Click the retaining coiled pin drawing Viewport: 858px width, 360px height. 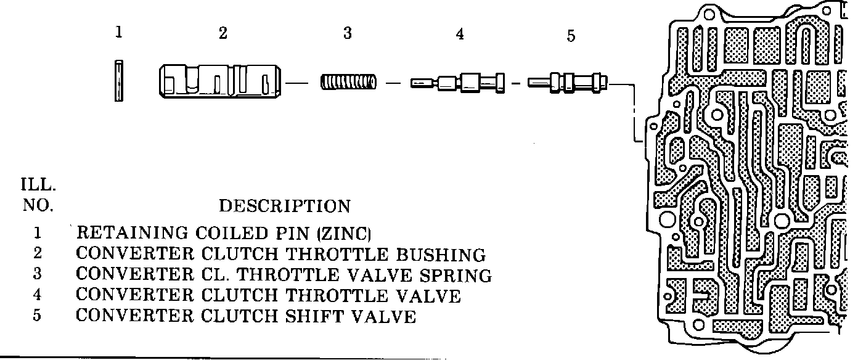[120, 80]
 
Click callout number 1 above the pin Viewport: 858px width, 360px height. [119, 33]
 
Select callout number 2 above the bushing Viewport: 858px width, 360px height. [223, 34]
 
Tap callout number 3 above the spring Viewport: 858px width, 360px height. [348, 34]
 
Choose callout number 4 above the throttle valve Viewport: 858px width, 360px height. [460, 35]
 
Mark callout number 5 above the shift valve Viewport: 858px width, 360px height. [571, 36]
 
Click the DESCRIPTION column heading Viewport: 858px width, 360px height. [285, 206]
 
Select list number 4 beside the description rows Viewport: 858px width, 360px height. [38, 297]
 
